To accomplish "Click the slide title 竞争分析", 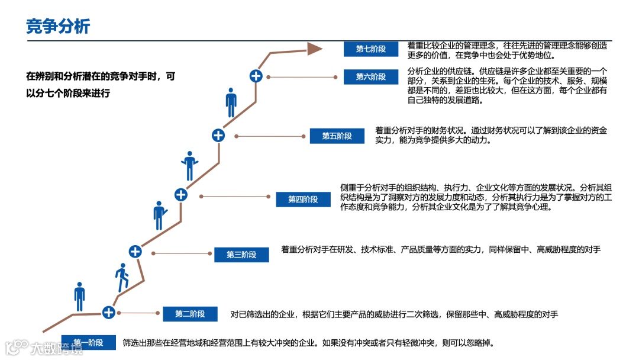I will [58, 26].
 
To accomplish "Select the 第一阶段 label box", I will [88, 343].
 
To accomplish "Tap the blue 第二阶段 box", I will [190, 314].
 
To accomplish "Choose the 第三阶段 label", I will [241, 255].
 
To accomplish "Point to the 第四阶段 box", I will [303, 200].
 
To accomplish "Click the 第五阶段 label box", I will [337, 136].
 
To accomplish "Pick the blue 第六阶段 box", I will [370, 77].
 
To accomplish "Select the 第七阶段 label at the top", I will [370, 49].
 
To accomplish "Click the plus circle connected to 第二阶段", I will [108, 312].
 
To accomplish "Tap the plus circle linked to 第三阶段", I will [135, 251].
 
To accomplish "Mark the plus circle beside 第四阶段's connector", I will [181, 194].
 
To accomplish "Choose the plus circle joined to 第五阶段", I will [218, 135].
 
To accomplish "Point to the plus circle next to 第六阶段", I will [256, 75].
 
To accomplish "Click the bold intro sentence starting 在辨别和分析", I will [101, 85].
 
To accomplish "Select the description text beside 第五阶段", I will [491, 135].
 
